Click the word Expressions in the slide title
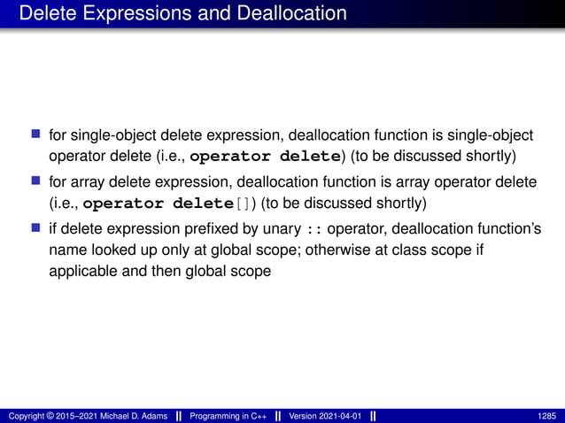(x=129, y=14)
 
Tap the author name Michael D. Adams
(x=130, y=414)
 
